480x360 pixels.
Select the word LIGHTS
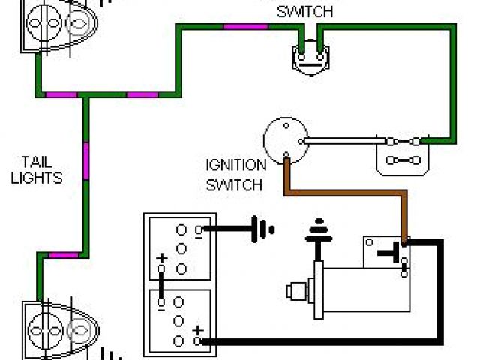pyautogui.click(x=36, y=178)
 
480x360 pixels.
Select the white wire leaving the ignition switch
pyautogui.click(x=341, y=140)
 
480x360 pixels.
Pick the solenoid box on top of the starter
pyautogui.click(x=384, y=253)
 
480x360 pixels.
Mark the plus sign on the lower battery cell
pyautogui.click(x=199, y=329)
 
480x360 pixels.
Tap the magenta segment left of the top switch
pyautogui.click(x=244, y=27)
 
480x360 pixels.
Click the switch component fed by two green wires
pyautogui.click(x=310, y=56)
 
